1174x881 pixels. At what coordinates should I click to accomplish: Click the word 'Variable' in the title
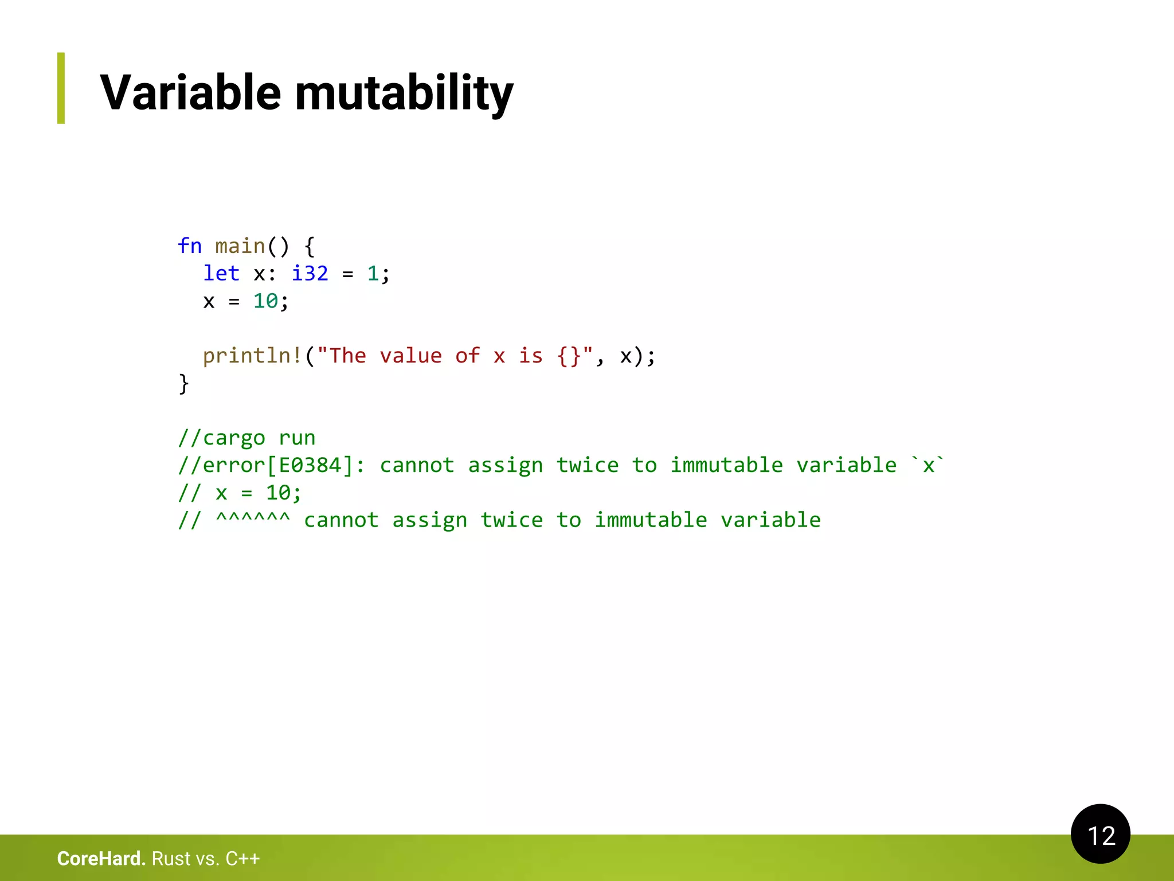(x=190, y=92)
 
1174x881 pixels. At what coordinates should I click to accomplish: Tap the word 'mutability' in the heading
(x=404, y=93)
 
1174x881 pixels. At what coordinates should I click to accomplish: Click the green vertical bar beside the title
(x=61, y=88)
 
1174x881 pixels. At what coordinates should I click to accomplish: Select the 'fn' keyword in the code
(x=190, y=245)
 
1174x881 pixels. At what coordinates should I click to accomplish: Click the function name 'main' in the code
(x=240, y=246)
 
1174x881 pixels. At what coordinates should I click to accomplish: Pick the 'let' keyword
(x=221, y=273)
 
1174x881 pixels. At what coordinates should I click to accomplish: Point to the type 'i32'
(x=310, y=273)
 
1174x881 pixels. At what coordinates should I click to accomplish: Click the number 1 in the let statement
(x=373, y=273)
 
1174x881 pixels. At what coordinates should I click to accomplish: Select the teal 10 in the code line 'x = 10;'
(x=265, y=301)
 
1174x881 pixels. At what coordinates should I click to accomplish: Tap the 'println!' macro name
(x=252, y=356)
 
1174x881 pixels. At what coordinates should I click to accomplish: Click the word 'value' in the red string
(x=410, y=356)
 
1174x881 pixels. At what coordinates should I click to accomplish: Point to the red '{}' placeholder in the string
(x=569, y=356)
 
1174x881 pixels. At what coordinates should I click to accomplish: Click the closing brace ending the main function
(x=183, y=383)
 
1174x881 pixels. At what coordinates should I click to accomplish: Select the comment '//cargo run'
(x=246, y=438)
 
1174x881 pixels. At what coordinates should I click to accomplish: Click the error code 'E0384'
(x=310, y=465)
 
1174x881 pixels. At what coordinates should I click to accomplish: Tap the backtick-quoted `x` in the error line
(x=928, y=465)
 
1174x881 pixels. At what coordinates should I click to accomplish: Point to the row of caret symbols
(x=253, y=519)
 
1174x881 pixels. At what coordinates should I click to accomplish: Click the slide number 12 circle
(x=1100, y=834)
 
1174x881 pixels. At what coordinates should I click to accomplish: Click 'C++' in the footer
(x=242, y=858)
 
